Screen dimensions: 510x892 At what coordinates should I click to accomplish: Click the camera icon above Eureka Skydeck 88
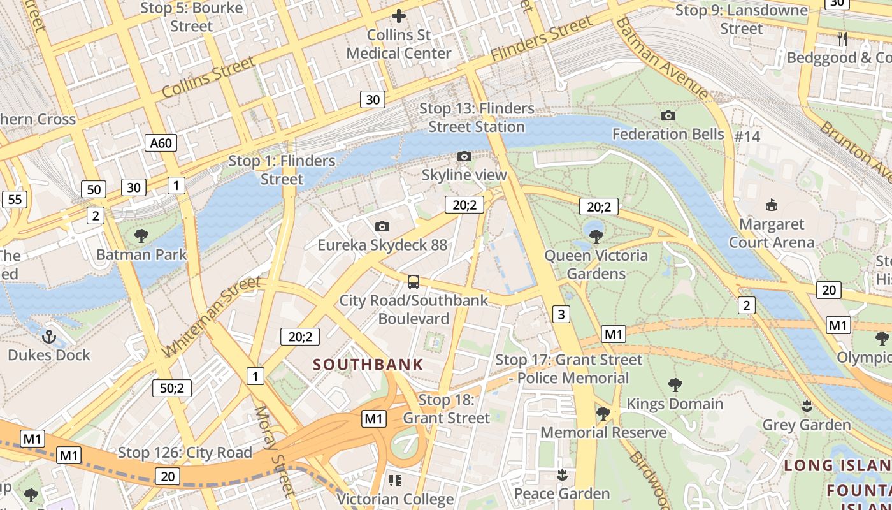(x=382, y=226)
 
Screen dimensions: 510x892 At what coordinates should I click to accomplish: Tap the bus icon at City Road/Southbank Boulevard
(x=414, y=281)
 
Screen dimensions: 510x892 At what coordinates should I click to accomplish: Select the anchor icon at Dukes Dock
(x=49, y=336)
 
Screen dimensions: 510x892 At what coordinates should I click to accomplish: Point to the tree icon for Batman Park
(x=141, y=236)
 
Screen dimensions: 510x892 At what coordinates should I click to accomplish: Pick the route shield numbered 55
(x=15, y=200)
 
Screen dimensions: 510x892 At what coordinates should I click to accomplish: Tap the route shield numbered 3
(x=561, y=314)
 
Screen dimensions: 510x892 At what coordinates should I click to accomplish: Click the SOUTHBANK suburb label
(x=368, y=365)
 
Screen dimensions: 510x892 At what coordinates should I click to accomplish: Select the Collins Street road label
(x=208, y=77)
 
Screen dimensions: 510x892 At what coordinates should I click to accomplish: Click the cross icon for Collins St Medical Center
(x=399, y=16)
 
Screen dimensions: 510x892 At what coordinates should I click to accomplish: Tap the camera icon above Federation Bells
(x=668, y=115)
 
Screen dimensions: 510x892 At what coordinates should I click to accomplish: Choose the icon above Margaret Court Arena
(x=772, y=205)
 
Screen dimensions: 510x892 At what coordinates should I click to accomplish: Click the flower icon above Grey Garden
(x=807, y=405)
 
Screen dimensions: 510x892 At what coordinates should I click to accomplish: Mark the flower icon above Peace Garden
(x=562, y=474)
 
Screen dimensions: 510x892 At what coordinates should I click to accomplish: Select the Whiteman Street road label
(x=212, y=317)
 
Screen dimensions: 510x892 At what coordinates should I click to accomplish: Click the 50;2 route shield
(x=172, y=388)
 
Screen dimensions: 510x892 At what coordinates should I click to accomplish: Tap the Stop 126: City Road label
(x=185, y=453)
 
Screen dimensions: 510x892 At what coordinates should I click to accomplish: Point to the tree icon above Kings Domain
(x=675, y=384)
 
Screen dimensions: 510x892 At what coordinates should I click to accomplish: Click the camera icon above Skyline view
(x=464, y=156)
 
